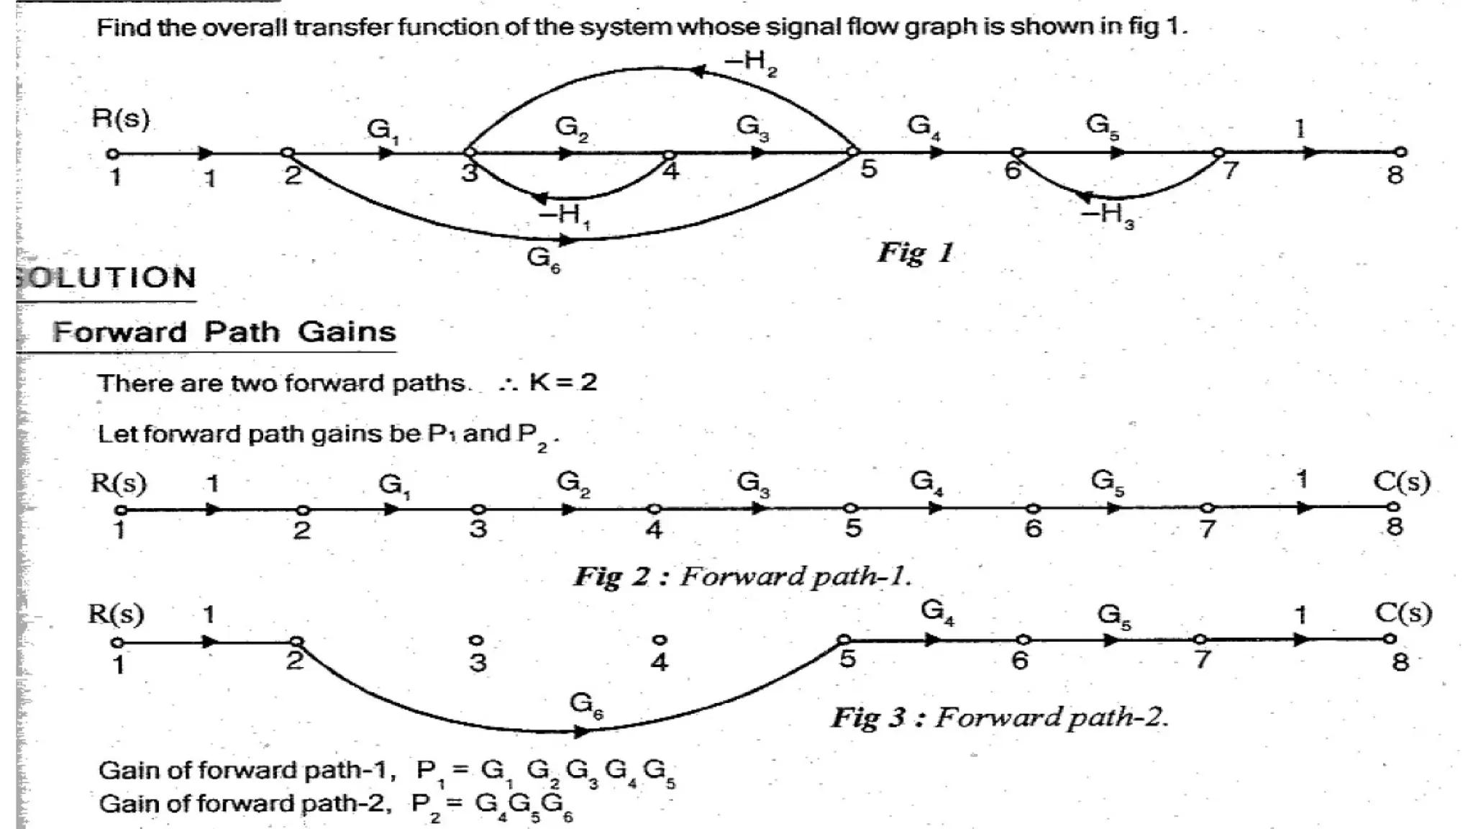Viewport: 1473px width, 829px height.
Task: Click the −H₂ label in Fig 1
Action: point(751,63)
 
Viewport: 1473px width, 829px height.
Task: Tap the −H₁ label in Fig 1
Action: point(565,216)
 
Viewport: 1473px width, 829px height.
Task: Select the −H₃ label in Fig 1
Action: point(1108,215)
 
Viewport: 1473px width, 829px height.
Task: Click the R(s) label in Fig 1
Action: point(120,119)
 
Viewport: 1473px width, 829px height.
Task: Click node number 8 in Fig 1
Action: point(1395,175)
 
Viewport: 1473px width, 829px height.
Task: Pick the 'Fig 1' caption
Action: point(915,253)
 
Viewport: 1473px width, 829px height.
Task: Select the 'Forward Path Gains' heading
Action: point(224,332)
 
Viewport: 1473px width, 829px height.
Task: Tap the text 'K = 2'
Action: point(562,382)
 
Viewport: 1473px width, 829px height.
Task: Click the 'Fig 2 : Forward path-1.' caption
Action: point(742,576)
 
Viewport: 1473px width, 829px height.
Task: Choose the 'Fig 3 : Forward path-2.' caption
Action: point(999,717)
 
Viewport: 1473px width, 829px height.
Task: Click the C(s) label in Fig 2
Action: point(1401,482)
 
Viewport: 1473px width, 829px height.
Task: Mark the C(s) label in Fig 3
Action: point(1403,614)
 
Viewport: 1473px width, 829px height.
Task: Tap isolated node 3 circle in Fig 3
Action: point(475,640)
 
